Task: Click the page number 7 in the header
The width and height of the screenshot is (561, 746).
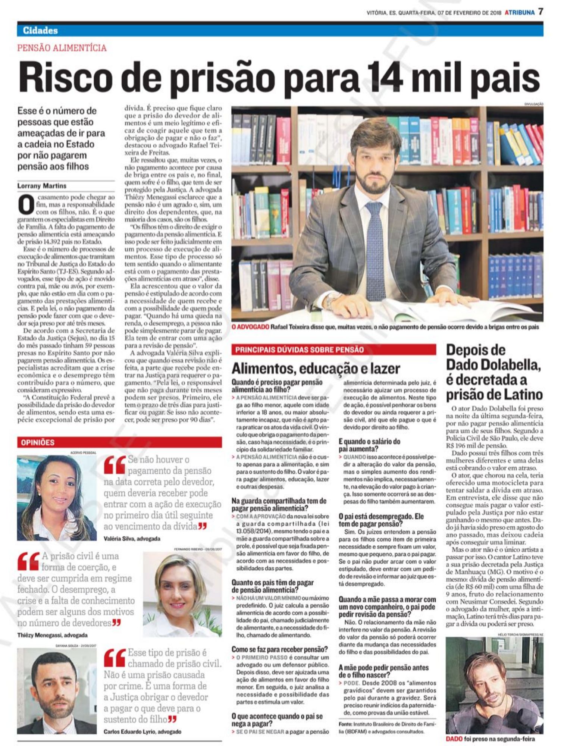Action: coord(540,12)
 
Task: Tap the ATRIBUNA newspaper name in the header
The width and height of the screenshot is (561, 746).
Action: coord(520,13)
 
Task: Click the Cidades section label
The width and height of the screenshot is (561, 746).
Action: coord(40,31)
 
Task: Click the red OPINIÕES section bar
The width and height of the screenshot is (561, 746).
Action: coord(119,442)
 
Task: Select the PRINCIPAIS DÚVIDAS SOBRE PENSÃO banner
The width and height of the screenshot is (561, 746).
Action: coord(333,350)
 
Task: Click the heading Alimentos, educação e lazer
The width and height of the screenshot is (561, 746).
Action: coord(316,368)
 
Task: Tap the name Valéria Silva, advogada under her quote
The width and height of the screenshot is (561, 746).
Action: coord(132,538)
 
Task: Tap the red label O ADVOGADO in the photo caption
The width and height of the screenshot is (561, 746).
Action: coord(250,327)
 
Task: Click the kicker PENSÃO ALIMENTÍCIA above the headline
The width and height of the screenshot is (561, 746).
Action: coord(62,48)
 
